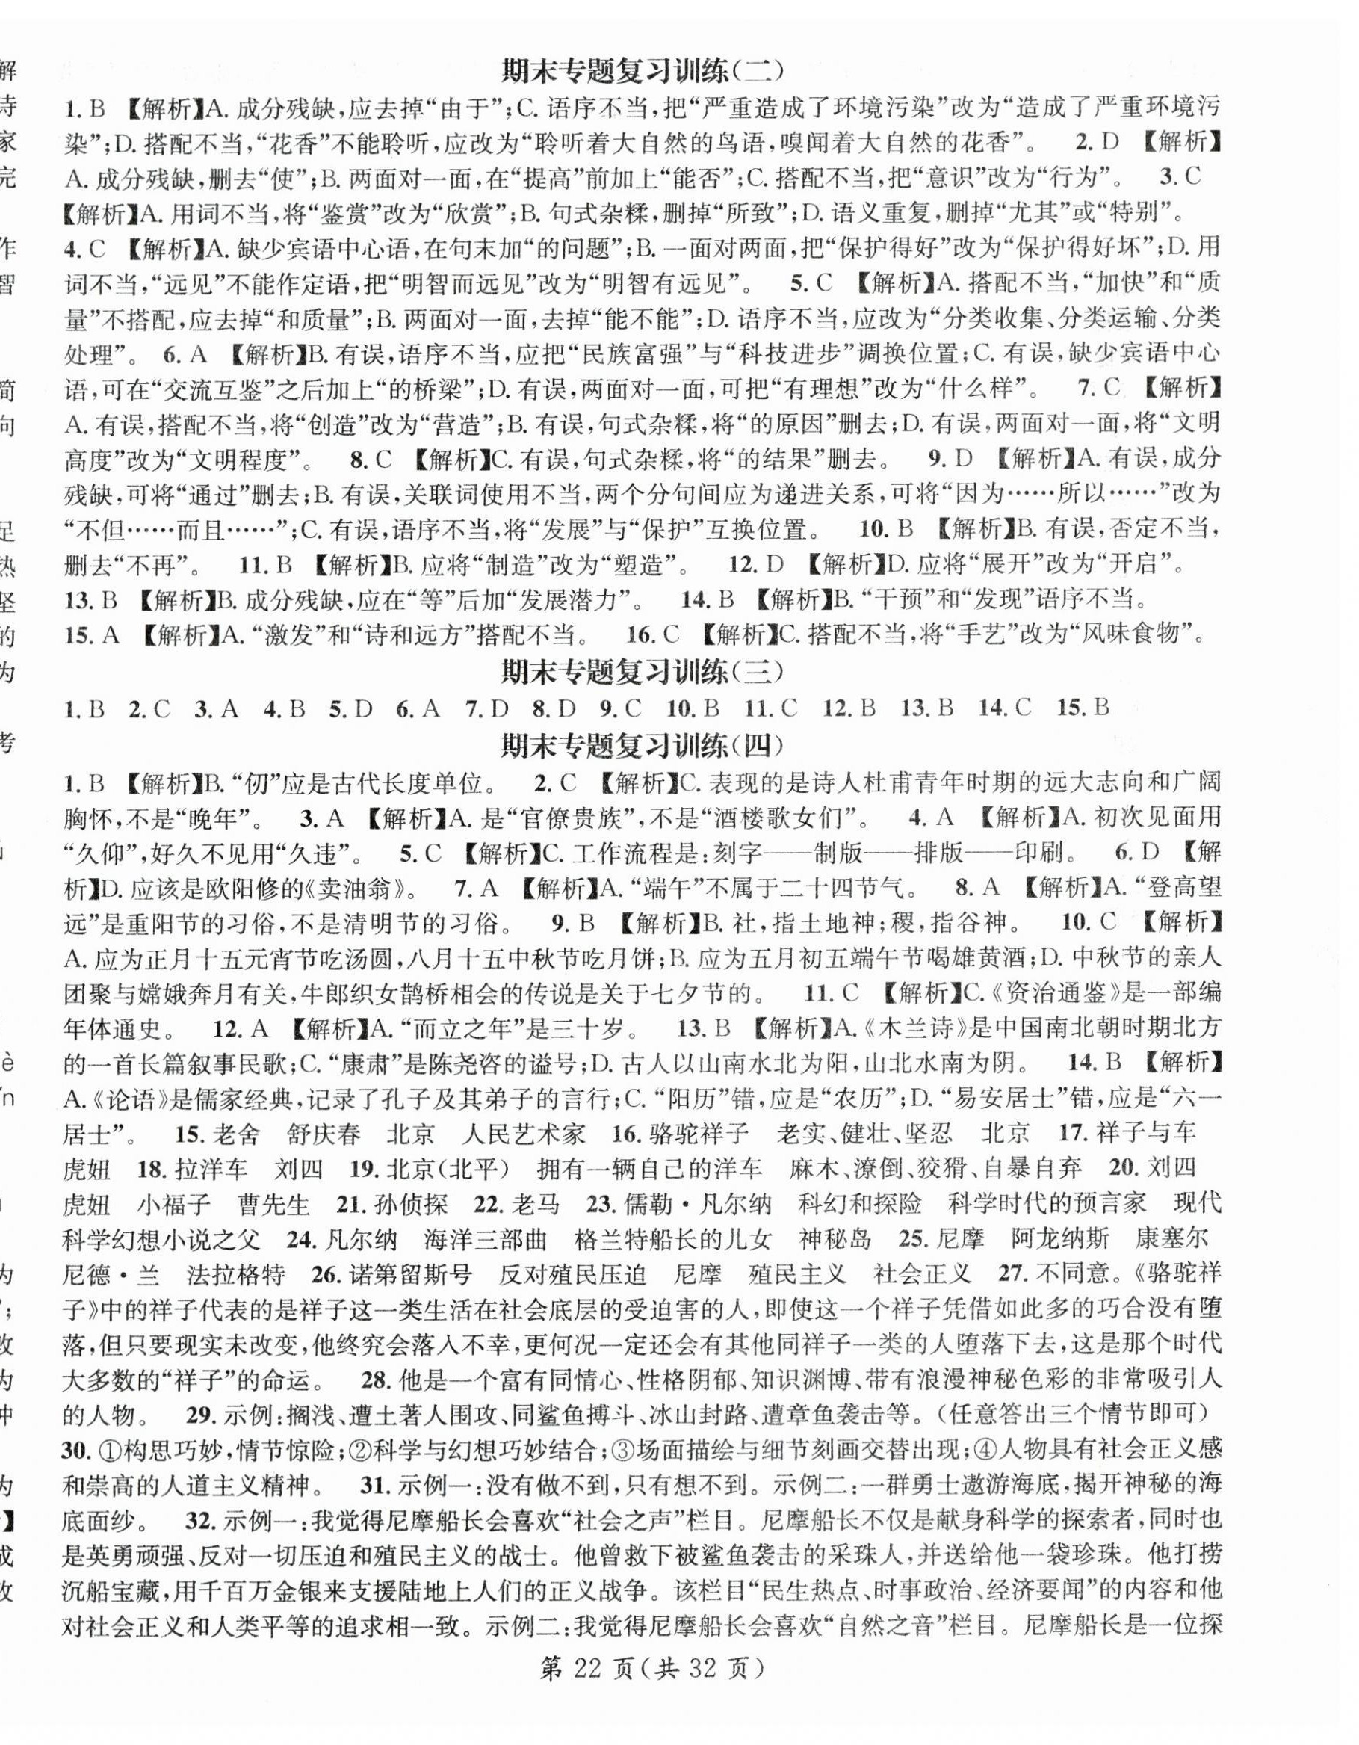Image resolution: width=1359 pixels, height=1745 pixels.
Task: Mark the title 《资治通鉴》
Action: (x=1047, y=993)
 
